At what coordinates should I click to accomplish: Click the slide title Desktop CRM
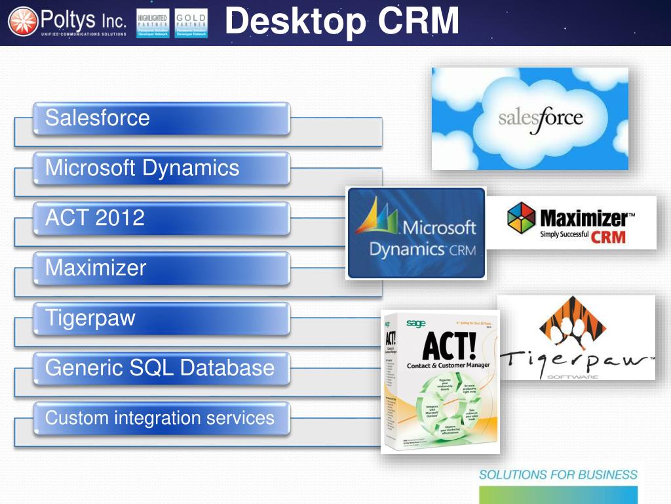pyautogui.click(x=341, y=22)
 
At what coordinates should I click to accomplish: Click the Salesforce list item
pyautogui.click(x=161, y=118)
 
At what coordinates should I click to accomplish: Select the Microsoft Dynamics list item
pyautogui.click(x=161, y=169)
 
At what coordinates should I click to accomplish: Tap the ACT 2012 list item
pyautogui.click(x=161, y=219)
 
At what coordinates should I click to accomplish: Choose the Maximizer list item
pyautogui.click(x=161, y=268)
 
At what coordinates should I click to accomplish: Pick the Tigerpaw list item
pyautogui.click(x=161, y=318)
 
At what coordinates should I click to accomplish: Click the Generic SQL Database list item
pyautogui.click(x=161, y=367)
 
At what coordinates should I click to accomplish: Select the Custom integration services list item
pyautogui.click(x=161, y=418)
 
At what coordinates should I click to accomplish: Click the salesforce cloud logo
pyautogui.click(x=529, y=119)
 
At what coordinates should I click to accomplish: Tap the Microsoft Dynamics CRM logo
pyautogui.click(x=416, y=234)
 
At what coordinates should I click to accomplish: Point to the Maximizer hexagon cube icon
pyautogui.click(x=522, y=218)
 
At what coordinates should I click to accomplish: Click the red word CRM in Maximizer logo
pyautogui.click(x=608, y=236)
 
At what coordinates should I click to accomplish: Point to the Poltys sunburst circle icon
pyautogui.click(x=23, y=22)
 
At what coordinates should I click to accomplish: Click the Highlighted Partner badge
pyautogui.click(x=153, y=23)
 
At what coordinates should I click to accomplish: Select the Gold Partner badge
pyautogui.click(x=191, y=23)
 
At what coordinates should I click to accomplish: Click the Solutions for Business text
pyautogui.click(x=558, y=474)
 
